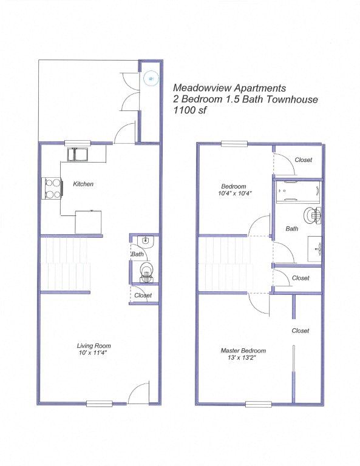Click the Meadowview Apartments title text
click(230, 88)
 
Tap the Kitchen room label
click(83, 184)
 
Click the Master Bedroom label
click(243, 351)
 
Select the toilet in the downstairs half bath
click(146, 272)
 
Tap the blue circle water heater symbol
click(151, 78)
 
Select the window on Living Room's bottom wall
click(99, 403)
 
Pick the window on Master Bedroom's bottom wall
click(259, 404)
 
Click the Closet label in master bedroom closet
click(301, 331)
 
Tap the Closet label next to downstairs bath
click(143, 295)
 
